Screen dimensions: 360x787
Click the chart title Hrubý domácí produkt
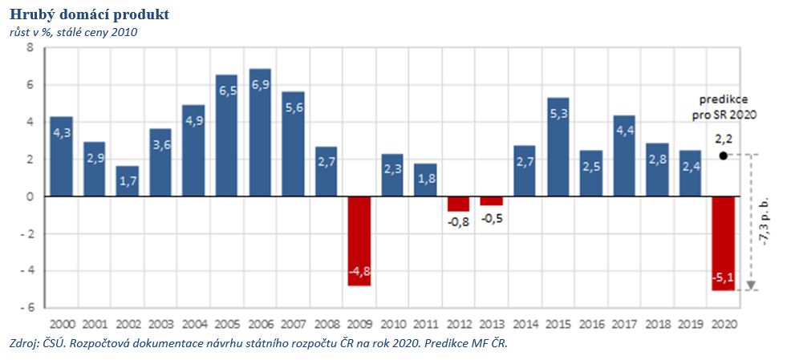89,15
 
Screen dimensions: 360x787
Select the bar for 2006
260,132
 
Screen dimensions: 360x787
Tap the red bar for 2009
359,241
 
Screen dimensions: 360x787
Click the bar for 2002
128,181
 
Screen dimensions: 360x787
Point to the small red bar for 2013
492,200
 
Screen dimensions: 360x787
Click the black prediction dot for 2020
724,156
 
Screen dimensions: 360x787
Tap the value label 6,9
260,85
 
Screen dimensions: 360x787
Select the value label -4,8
359,270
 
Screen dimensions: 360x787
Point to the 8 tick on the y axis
30,47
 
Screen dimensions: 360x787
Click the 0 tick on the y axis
30,196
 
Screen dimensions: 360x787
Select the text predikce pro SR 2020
724,107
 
